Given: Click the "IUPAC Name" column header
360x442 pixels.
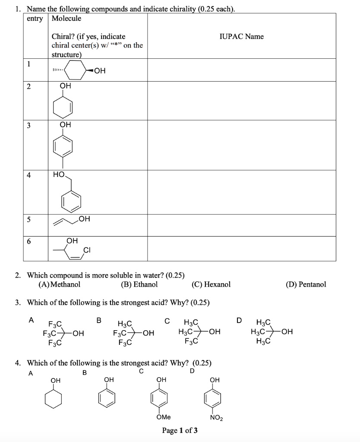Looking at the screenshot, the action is (x=241, y=37).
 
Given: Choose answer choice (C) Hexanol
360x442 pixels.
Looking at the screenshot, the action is (x=211, y=284).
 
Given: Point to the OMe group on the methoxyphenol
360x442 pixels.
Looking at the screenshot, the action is (x=163, y=417).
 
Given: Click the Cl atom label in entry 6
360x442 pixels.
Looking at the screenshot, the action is (x=86, y=249).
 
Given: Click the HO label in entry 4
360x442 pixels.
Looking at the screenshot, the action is (x=59, y=175).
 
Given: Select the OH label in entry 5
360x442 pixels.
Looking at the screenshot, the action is (x=85, y=219).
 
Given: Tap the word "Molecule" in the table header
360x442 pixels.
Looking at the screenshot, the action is (x=66, y=18).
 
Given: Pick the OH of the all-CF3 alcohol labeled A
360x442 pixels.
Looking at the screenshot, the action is (x=78, y=333).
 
